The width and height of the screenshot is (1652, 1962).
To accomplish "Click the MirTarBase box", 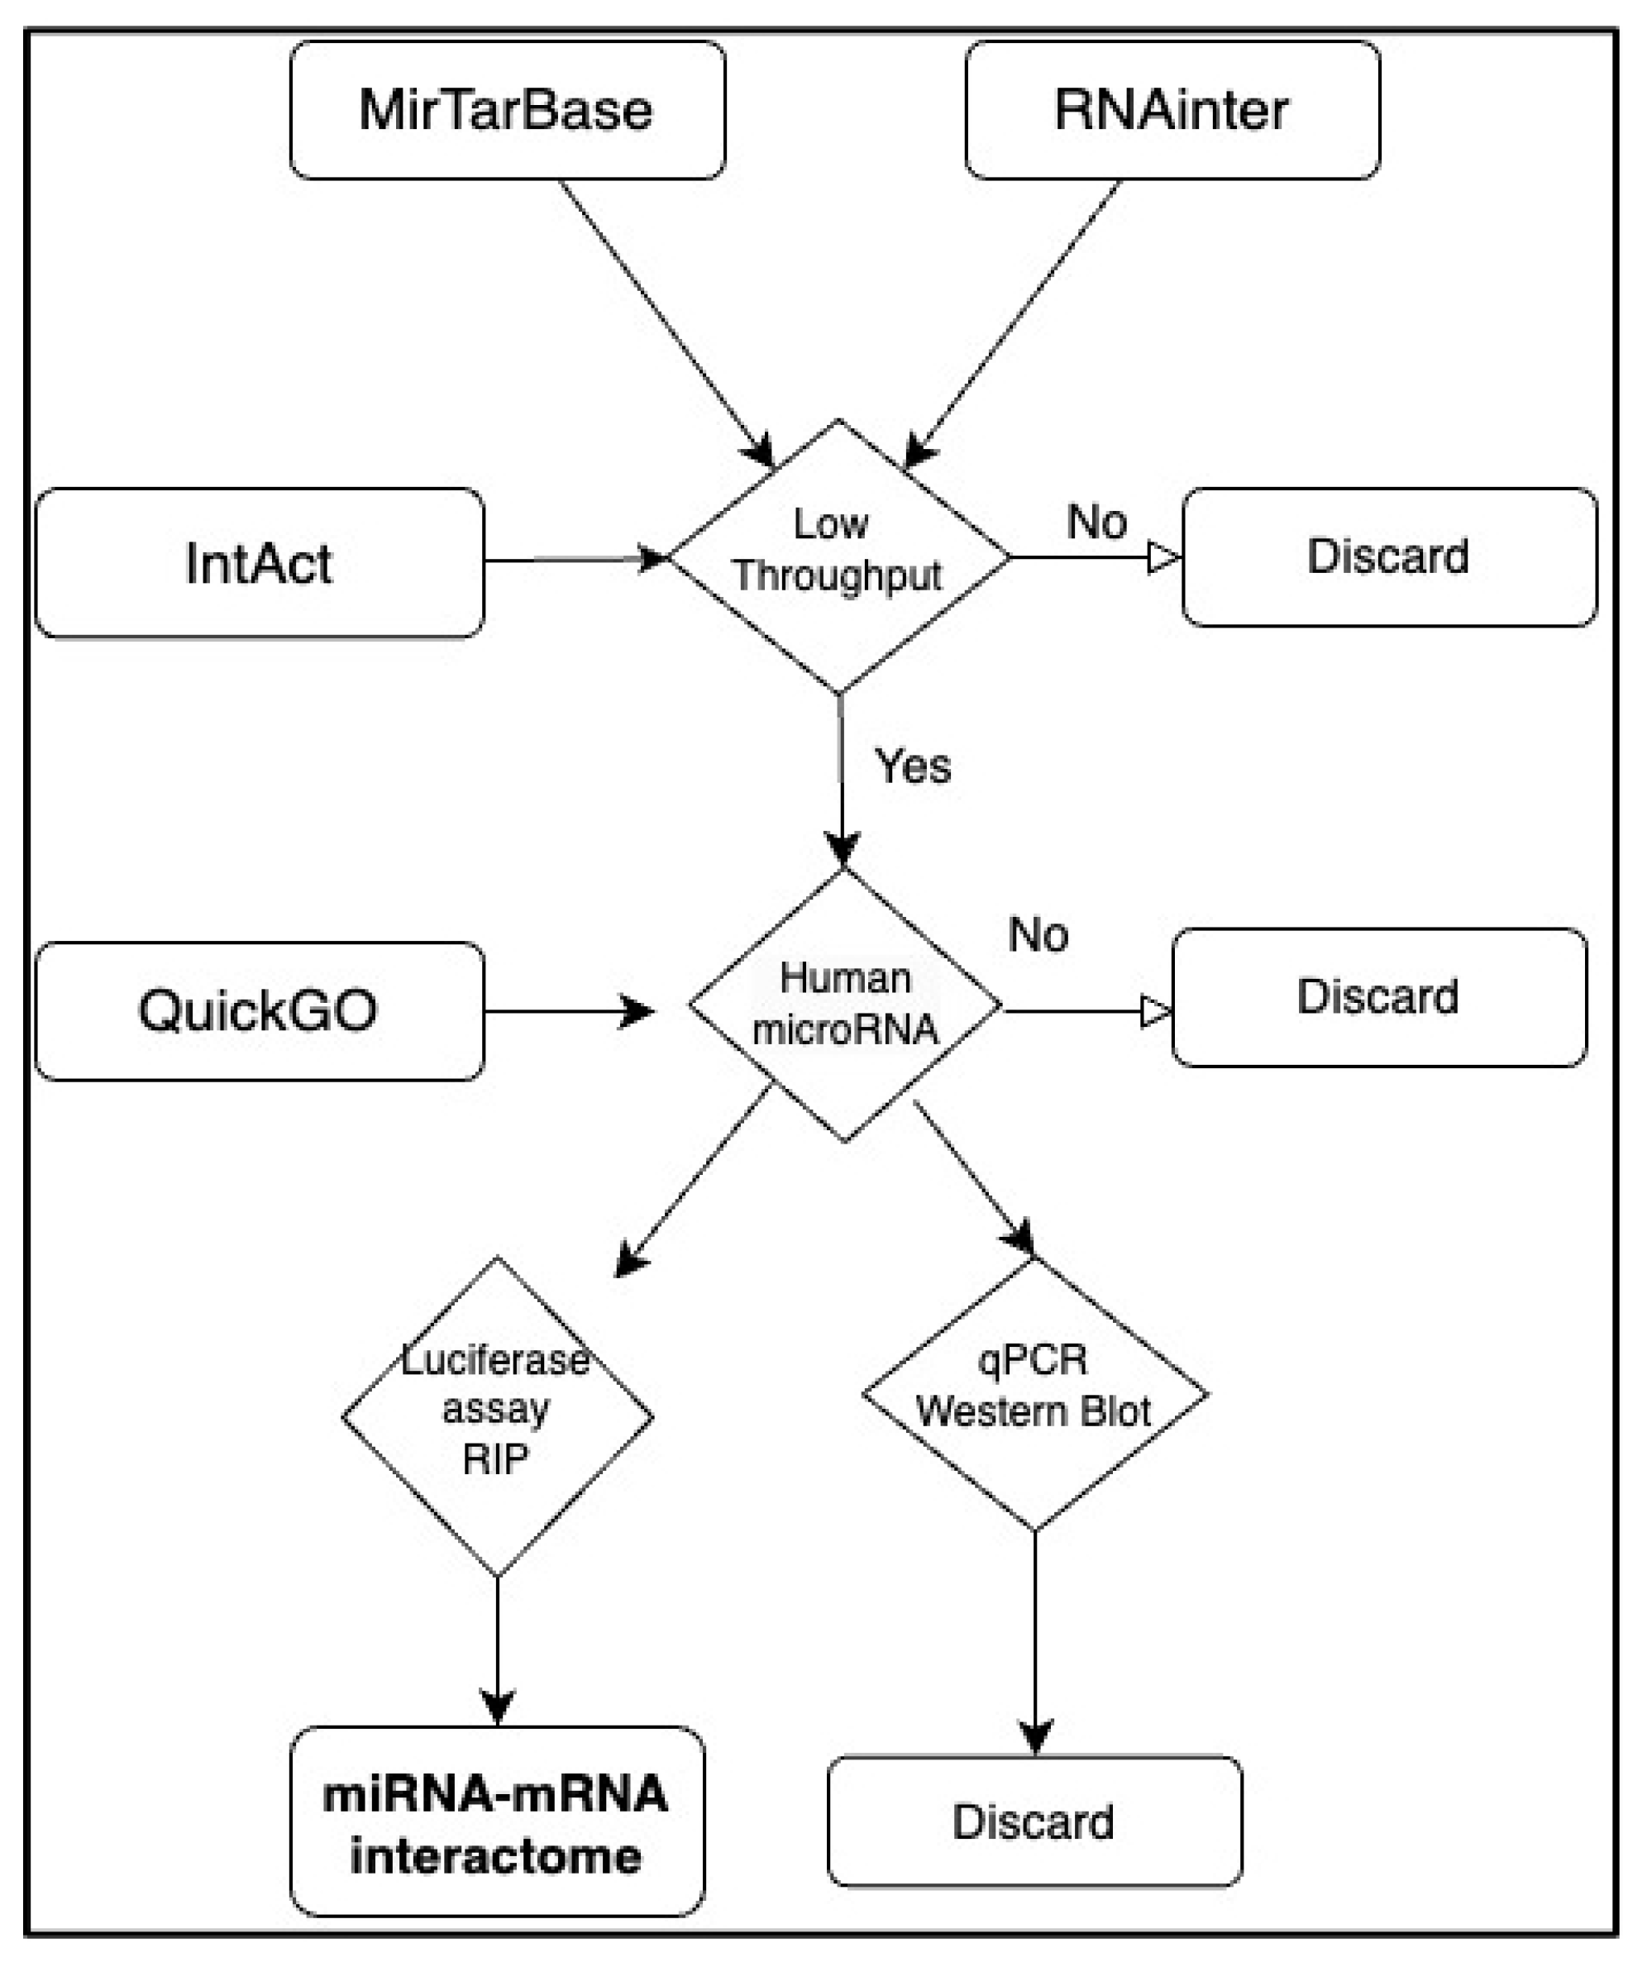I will pyautogui.click(x=508, y=110).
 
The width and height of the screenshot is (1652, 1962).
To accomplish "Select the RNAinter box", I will pyautogui.click(x=1172, y=110).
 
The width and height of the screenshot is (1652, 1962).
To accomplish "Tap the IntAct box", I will pyautogui.click(x=260, y=563).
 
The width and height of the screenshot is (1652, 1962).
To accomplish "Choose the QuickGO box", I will pyautogui.click(x=260, y=1010).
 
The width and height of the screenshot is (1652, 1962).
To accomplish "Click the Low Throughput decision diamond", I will pyautogui.click(x=839, y=556).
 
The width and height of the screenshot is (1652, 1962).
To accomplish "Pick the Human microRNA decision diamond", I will pyautogui.click(x=845, y=1004).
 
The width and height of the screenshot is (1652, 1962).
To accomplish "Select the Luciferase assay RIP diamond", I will pyautogui.click(x=497, y=1416).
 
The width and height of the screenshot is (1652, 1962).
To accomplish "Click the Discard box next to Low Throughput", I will pyautogui.click(x=1389, y=556).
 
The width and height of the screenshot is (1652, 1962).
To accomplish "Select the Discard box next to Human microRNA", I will pyautogui.click(x=1378, y=996).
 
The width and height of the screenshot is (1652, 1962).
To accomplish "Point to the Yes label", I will pyautogui.click(x=912, y=766).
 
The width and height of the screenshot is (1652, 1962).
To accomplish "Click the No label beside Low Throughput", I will pyautogui.click(x=1096, y=522).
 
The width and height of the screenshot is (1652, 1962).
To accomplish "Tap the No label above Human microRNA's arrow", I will pyautogui.click(x=1038, y=933).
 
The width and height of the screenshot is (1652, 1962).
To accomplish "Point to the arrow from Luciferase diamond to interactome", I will pyautogui.click(x=497, y=1649).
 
